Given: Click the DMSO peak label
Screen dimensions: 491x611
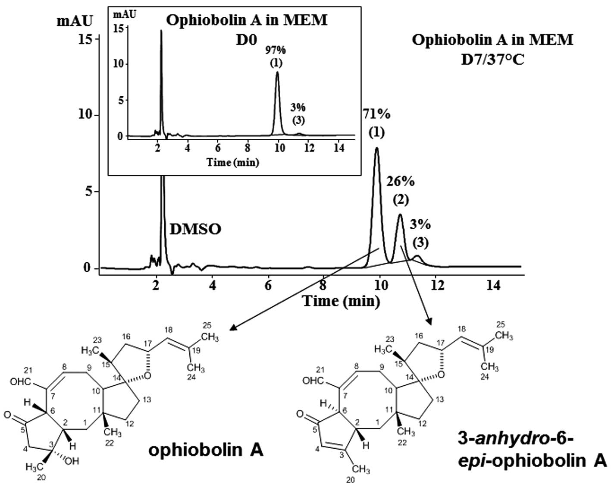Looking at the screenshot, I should pos(195,229).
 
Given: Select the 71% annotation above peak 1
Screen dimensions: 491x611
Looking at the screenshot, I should pos(376,115).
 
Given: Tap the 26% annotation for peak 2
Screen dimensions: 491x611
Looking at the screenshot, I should pos(401,182).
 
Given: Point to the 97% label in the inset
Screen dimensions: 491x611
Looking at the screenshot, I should pos(276,50).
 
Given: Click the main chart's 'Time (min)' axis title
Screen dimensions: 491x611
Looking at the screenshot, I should pos(341,301).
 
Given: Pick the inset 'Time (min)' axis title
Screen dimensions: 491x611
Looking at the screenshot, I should pos(233,163).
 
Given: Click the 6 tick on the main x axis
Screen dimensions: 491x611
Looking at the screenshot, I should pos(269,286).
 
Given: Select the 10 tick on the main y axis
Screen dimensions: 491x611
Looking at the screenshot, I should pos(88,115).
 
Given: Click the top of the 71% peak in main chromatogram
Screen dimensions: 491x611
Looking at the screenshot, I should pos(377,148).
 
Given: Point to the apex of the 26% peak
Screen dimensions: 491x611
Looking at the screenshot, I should pos(400,215).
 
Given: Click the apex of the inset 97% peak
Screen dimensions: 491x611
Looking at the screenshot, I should pos(277,72).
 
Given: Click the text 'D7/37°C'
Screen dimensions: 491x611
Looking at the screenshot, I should pos(493,59).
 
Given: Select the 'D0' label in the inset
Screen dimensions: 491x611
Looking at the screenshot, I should pos(246,40).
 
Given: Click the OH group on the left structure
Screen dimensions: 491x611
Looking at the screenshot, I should pos(72,461).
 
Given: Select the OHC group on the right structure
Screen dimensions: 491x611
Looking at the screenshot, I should pos(313,381).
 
